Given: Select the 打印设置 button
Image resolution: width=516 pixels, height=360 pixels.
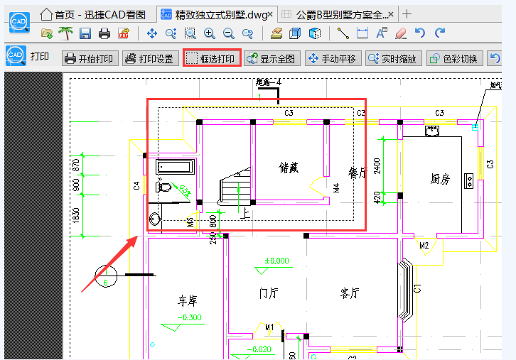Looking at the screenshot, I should point(149,58).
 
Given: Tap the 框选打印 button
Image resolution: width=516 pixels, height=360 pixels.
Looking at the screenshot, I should point(212,58).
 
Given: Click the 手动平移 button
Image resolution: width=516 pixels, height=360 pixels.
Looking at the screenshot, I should point(333,58).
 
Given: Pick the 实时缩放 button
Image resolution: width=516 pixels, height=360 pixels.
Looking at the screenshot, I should point(394,58).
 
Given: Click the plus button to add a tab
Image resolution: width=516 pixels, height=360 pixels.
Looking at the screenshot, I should point(407,14).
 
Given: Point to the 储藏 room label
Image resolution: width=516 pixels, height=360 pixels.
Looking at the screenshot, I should point(289,168).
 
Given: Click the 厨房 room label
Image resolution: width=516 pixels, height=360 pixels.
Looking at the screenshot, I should point(441,179).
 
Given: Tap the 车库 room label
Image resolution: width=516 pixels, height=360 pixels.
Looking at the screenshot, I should point(188,300).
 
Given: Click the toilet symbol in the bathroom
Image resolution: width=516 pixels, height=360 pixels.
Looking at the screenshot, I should point(164,187).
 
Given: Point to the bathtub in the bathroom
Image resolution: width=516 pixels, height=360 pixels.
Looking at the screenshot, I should point(175,168).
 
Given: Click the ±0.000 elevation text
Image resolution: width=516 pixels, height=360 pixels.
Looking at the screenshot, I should point(276,261).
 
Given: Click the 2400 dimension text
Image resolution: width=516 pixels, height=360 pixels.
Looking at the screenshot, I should point(377,163).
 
